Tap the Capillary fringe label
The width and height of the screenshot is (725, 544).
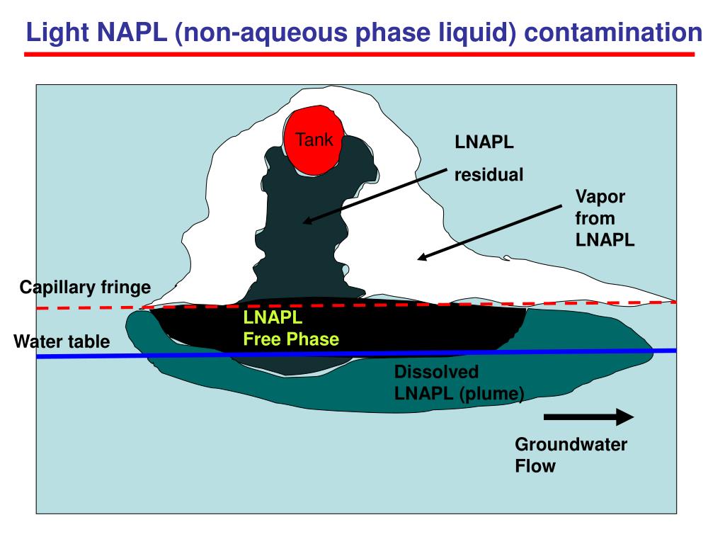click(x=85, y=287)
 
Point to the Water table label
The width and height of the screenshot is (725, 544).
click(x=62, y=342)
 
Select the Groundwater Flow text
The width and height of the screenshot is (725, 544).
click(x=571, y=455)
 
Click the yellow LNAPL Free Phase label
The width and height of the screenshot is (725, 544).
click(x=291, y=328)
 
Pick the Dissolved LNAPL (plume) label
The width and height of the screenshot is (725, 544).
click(x=459, y=382)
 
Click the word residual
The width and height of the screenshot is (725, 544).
click(x=489, y=174)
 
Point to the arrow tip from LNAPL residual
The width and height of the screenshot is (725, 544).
click(x=305, y=222)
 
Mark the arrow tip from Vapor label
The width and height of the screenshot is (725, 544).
click(x=419, y=259)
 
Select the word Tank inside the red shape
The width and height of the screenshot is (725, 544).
click(x=314, y=140)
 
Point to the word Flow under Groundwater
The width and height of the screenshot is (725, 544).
click(x=535, y=466)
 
